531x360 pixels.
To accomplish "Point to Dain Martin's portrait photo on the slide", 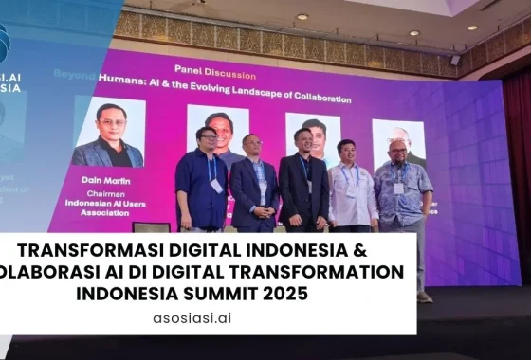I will pyautogui.click(x=110, y=134).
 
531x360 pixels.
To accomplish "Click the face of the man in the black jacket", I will pyautogui.click(x=304, y=140).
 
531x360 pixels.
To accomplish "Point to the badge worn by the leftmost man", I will pyautogui.click(x=216, y=185).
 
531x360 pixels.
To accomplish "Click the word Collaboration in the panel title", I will pyautogui.click(x=314, y=99).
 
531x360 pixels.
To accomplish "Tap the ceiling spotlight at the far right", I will pyautogui.click(x=472, y=27).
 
